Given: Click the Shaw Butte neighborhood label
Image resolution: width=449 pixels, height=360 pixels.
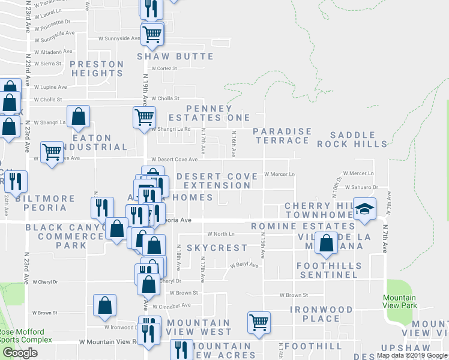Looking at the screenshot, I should pyautogui.click(x=175, y=56).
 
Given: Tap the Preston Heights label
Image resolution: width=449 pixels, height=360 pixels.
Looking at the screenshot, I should pyautogui.click(x=97, y=68).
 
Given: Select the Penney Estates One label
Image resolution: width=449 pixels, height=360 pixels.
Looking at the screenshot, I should pyautogui.click(x=200, y=113).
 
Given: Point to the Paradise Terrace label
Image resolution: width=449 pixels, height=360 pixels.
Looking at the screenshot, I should pyautogui.click(x=282, y=136).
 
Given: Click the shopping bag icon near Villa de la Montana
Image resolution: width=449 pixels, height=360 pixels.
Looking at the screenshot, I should pyautogui.click(x=326, y=243).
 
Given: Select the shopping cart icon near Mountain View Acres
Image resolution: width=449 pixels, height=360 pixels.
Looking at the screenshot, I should pyautogui.click(x=259, y=322).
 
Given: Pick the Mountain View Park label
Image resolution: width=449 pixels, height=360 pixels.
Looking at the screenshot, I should pyautogui.click(x=400, y=302).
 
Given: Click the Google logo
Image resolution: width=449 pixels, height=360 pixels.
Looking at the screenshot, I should pyautogui.click(x=20, y=353).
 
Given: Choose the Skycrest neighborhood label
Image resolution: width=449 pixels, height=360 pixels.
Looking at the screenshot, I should pyautogui.click(x=217, y=248).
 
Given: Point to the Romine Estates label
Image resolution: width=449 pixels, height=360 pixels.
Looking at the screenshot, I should pyautogui.click(x=303, y=226).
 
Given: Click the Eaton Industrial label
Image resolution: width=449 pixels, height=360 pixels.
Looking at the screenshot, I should pyautogui.click(x=100, y=142).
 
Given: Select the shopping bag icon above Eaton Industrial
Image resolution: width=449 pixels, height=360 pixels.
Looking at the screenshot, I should pyautogui.click(x=79, y=117).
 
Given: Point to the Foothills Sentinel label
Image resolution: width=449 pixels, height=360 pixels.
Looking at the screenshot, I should pyautogui.click(x=330, y=270).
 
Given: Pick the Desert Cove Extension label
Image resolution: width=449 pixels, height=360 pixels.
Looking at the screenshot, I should pyautogui.click(x=213, y=181).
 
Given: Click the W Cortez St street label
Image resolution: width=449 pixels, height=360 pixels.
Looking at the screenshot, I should pyautogui.click(x=164, y=68).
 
